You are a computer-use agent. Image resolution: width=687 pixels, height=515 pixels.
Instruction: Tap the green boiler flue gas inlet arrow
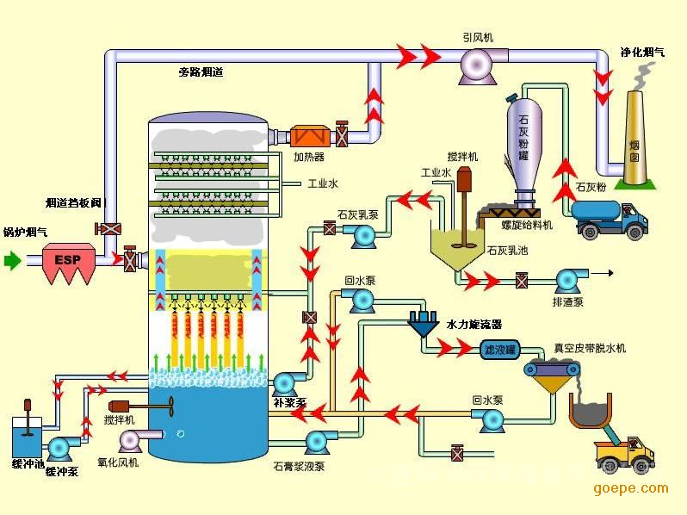(x=13, y=258)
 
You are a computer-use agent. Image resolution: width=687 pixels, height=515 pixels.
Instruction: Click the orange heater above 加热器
(x=309, y=136)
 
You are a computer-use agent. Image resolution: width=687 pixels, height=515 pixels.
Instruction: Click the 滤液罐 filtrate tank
(x=498, y=349)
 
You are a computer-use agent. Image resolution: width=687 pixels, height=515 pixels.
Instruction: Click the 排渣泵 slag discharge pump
(x=567, y=280)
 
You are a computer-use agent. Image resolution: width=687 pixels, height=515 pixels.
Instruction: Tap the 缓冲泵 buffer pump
(x=60, y=447)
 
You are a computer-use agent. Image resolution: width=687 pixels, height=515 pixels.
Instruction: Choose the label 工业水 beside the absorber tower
(x=323, y=183)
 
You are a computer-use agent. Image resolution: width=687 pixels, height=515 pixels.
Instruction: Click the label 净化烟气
(x=642, y=52)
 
